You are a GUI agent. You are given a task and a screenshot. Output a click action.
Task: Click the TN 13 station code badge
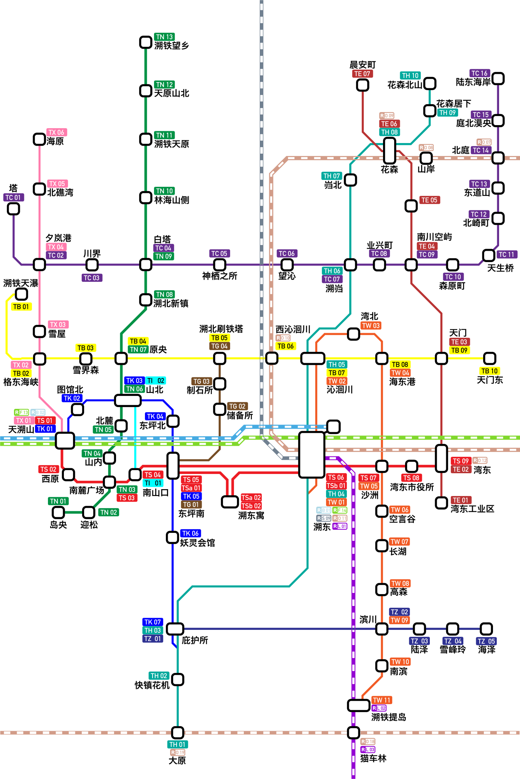pyautogui.click(x=164, y=37)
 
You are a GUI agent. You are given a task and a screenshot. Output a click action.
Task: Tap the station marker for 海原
pyautogui.click(x=40, y=139)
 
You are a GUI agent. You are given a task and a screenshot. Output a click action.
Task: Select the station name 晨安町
pyautogui.click(x=363, y=65)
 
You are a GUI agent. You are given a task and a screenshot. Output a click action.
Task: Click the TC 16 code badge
pyautogui.click(x=479, y=73)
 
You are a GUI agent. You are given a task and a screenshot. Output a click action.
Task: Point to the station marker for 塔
pyautogui.click(x=14, y=208)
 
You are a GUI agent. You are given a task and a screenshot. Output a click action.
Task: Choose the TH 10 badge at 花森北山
pyautogui.click(x=410, y=75)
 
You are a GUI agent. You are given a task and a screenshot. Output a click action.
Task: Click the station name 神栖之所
pyautogui.click(x=219, y=276)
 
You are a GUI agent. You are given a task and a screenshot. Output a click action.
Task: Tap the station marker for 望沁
pyautogui.click(x=287, y=264)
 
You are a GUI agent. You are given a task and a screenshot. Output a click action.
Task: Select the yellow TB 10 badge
pyautogui.click(x=489, y=371)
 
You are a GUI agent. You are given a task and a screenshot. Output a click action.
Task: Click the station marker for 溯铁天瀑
pyautogui.click(x=22, y=294)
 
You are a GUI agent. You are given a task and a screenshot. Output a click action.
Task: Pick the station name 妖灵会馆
pyautogui.click(x=197, y=543)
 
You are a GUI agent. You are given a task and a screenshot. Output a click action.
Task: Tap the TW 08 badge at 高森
pyautogui.click(x=400, y=583)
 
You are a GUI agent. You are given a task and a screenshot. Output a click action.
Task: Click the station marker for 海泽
pyautogui.click(x=486, y=629)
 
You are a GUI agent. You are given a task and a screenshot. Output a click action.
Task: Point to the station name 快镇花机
pyautogui.click(x=152, y=685)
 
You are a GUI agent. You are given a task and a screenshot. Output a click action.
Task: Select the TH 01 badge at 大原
pyautogui.click(x=177, y=744)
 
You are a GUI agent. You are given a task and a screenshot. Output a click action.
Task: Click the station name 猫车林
pyautogui.click(x=373, y=758)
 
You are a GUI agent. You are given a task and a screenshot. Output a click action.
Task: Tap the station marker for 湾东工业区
pyautogui.click(x=441, y=503)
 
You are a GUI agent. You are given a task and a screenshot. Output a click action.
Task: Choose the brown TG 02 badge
pyautogui.click(x=237, y=406)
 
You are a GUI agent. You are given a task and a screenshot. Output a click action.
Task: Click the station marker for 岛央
pyautogui.click(x=58, y=512)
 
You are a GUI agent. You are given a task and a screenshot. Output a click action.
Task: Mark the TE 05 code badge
pyautogui.click(x=429, y=200)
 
